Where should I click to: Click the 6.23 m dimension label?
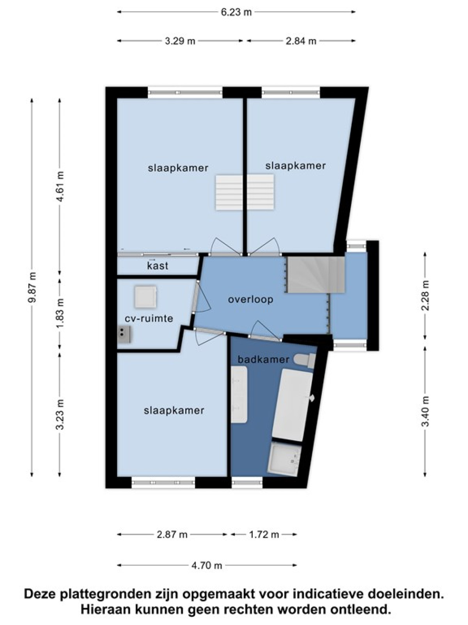(x=236, y=12)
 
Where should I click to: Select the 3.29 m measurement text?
(x=180, y=41)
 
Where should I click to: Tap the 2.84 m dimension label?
(x=301, y=41)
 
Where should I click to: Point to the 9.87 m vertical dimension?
(x=32, y=287)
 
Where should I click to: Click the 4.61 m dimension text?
(x=60, y=186)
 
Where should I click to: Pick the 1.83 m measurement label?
(x=60, y=313)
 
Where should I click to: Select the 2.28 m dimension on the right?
(x=425, y=296)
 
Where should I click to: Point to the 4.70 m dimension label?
(x=207, y=565)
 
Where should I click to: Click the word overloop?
(x=250, y=299)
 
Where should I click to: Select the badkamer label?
(x=263, y=360)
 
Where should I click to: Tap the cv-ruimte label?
(x=149, y=318)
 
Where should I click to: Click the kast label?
(x=158, y=266)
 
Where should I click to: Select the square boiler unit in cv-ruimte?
(x=145, y=297)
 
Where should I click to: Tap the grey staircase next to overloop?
(x=316, y=275)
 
